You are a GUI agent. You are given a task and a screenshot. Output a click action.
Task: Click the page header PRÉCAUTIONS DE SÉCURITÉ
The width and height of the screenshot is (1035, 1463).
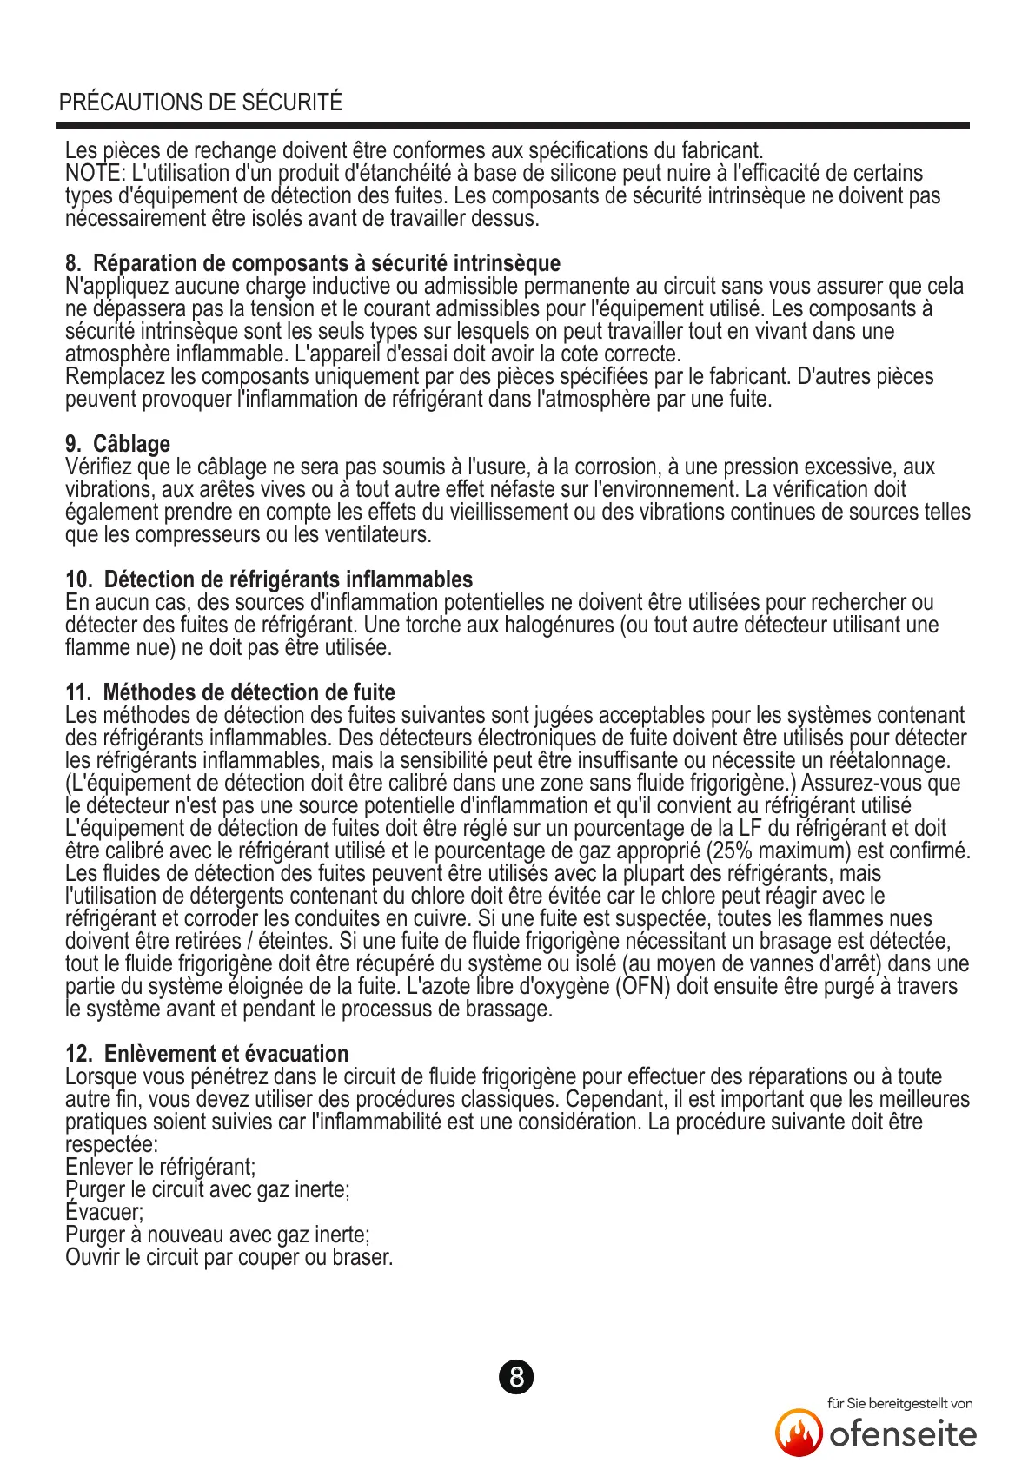tap(201, 103)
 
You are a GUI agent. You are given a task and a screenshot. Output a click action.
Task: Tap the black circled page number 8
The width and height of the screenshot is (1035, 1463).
tap(516, 1377)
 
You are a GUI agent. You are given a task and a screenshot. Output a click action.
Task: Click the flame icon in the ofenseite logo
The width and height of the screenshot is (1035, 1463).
tap(799, 1433)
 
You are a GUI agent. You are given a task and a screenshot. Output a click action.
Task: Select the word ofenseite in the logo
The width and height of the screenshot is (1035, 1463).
tap(903, 1434)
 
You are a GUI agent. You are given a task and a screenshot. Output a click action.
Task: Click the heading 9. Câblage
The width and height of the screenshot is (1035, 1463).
tap(118, 444)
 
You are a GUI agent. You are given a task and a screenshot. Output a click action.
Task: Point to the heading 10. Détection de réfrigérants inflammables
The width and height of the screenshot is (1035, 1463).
tap(269, 579)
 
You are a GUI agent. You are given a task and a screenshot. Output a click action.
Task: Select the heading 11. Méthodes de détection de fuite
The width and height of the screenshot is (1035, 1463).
tap(230, 692)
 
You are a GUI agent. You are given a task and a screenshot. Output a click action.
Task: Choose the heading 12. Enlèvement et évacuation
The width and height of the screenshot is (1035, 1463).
tap(207, 1054)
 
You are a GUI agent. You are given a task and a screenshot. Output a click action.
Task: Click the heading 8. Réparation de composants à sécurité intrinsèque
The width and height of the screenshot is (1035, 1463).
tap(313, 263)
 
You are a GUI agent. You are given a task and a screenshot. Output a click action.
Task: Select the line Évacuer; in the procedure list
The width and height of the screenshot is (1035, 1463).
tap(104, 1212)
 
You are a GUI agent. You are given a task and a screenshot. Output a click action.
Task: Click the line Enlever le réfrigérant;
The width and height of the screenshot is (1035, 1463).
tap(161, 1167)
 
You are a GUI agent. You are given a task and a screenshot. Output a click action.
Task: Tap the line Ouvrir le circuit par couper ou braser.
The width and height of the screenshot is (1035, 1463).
tap(229, 1257)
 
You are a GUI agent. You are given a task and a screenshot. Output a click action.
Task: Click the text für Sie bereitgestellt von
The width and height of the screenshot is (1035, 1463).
tap(899, 1403)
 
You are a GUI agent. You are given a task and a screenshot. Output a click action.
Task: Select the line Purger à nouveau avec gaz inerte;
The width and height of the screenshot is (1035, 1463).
tap(217, 1235)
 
